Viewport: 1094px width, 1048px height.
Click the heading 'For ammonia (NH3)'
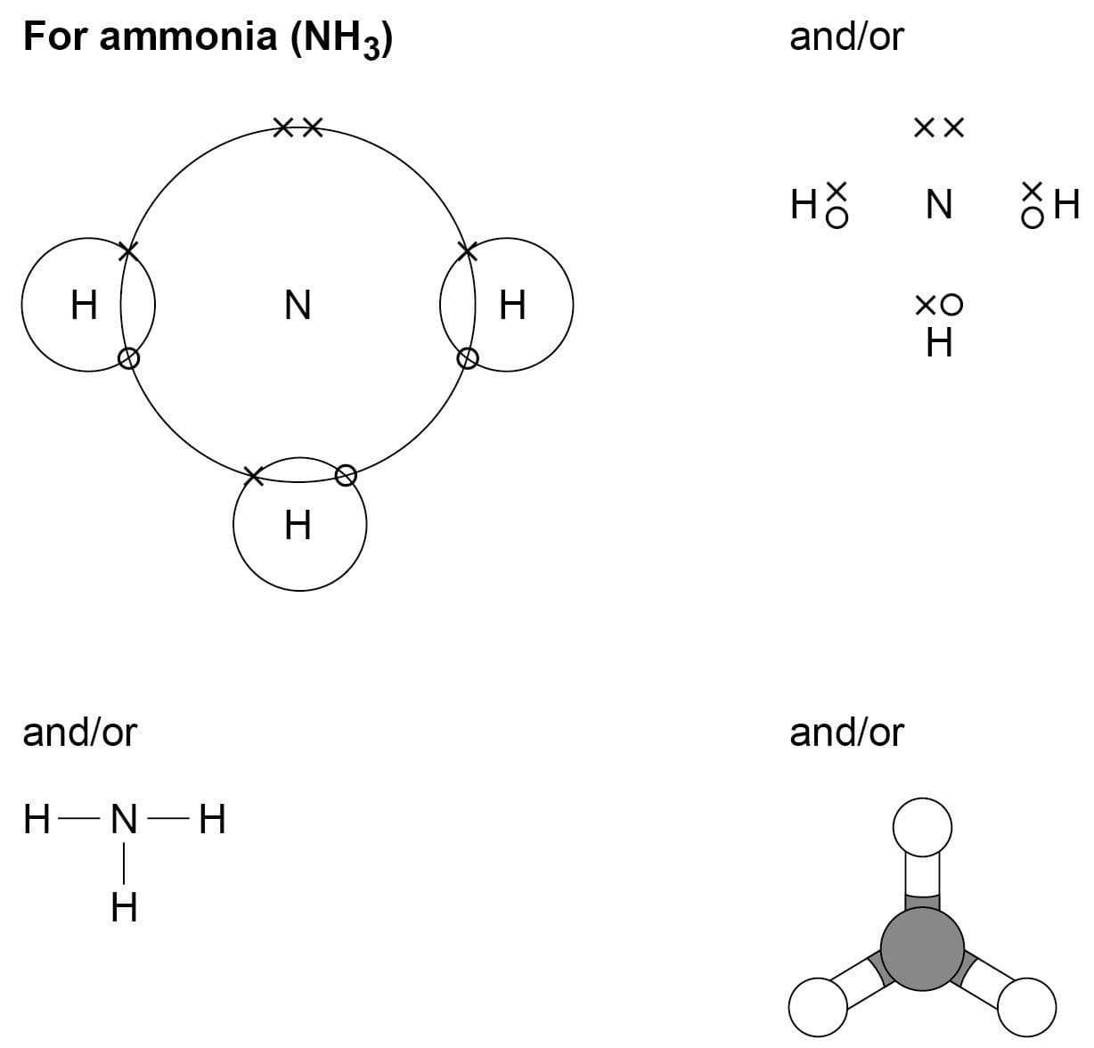pyautogui.click(x=208, y=37)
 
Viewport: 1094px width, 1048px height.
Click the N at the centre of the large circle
pyautogui.click(x=298, y=305)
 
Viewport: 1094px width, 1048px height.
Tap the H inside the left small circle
pyautogui.click(x=84, y=305)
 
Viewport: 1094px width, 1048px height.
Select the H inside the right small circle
pyautogui.click(x=512, y=305)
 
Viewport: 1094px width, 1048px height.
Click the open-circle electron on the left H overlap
pyautogui.click(x=128, y=358)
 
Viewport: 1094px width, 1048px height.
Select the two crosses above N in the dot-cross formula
pyautogui.click(x=939, y=128)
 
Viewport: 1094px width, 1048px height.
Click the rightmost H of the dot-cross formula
pyautogui.click(x=1066, y=206)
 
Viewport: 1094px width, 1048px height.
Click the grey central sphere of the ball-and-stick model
pyautogui.click(x=922, y=947)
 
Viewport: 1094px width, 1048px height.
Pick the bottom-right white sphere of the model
pyautogui.click(x=1026, y=1007)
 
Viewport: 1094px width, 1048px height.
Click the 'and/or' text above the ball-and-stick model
pyautogui.click(x=845, y=733)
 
